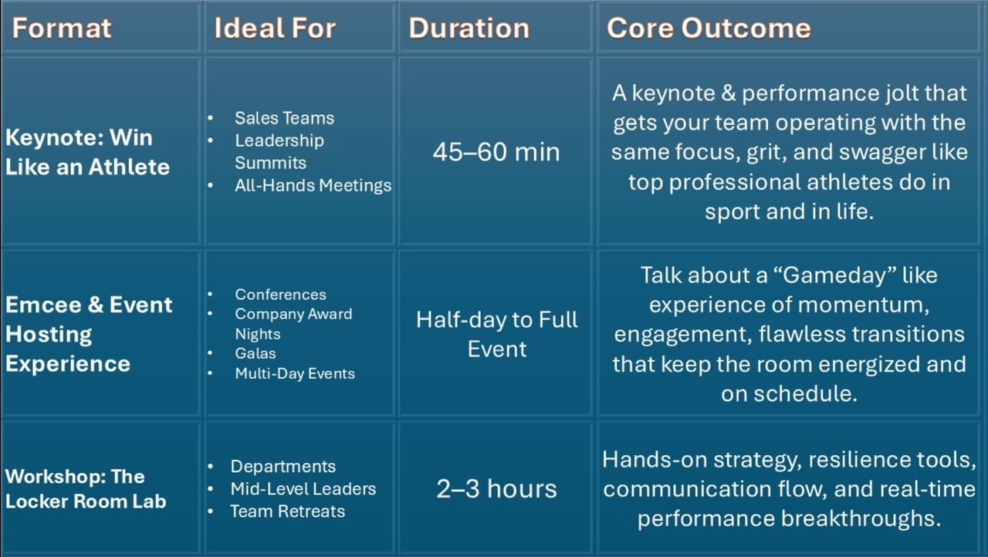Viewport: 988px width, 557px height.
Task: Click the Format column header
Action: (61, 29)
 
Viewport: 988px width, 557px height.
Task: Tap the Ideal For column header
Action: (276, 29)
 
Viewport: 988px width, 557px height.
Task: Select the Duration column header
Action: (469, 29)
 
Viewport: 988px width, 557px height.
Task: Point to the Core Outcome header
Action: (709, 29)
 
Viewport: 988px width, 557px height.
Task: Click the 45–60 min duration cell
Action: (496, 152)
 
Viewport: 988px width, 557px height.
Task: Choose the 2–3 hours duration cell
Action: (496, 488)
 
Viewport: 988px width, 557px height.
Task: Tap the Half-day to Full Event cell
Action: (496, 334)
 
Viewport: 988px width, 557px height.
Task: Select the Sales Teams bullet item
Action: (285, 118)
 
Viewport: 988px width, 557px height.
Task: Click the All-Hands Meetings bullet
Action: (313, 185)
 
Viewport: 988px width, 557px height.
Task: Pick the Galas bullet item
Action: (255, 353)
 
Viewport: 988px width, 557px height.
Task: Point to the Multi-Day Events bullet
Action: (295, 373)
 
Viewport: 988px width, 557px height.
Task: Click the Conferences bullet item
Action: (280, 295)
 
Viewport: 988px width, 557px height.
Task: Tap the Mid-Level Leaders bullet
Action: (303, 488)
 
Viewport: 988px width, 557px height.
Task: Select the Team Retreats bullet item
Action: (288, 511)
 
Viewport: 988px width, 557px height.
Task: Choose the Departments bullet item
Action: (283, 467)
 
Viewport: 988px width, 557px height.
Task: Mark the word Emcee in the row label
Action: (44, 305)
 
